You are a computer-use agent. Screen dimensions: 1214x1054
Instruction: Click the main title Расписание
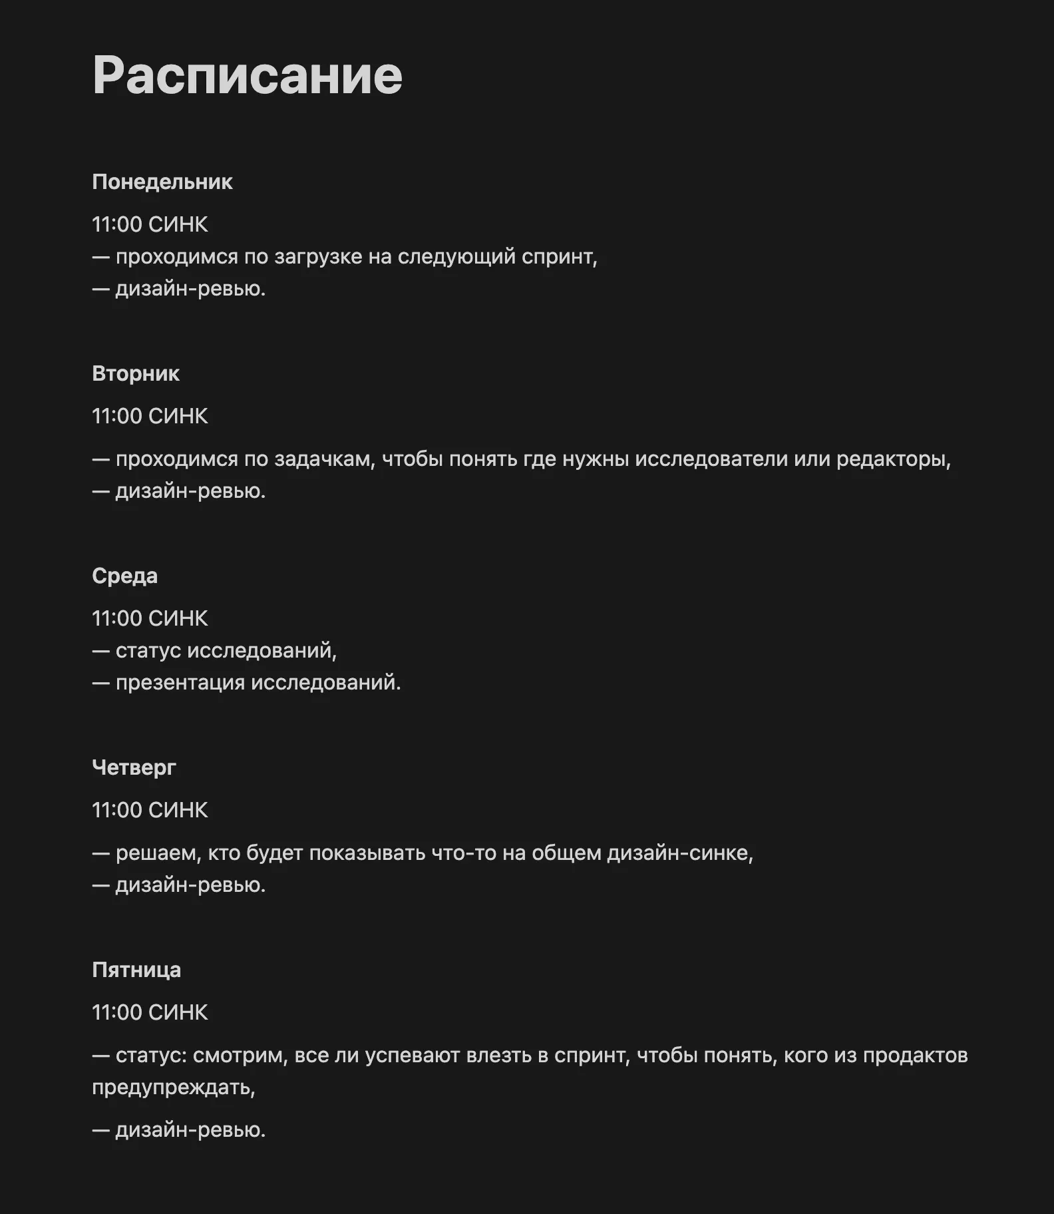click(x=248, y=75)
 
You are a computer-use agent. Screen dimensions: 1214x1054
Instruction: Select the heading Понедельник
click(x=162, y=182)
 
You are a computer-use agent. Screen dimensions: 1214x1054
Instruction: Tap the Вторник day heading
click(x=136, y=373)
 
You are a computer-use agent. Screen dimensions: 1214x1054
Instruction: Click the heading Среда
click(x=124, y=576)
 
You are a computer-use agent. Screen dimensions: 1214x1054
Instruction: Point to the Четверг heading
click(x=134, y=767)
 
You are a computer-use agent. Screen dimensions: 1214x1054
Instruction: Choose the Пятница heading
click(x=136, y=970)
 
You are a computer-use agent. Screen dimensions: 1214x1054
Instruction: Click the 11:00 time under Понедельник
click(x=117, y=224)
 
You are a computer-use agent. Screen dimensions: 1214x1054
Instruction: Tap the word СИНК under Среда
click(x=178, y=618)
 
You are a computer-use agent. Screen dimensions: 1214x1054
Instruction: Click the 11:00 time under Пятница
click(x=117, y=1012)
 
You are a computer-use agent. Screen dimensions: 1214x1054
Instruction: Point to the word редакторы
click(x=893, y=459)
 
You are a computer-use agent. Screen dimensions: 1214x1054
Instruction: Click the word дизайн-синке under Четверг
click(x=679, y=853)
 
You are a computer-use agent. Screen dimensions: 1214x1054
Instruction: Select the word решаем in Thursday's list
click(x=158, y=853)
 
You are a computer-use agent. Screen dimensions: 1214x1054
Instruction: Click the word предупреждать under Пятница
click(x=172, y=1088)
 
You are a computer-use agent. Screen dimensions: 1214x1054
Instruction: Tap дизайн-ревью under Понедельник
click(x=190, y=289)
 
